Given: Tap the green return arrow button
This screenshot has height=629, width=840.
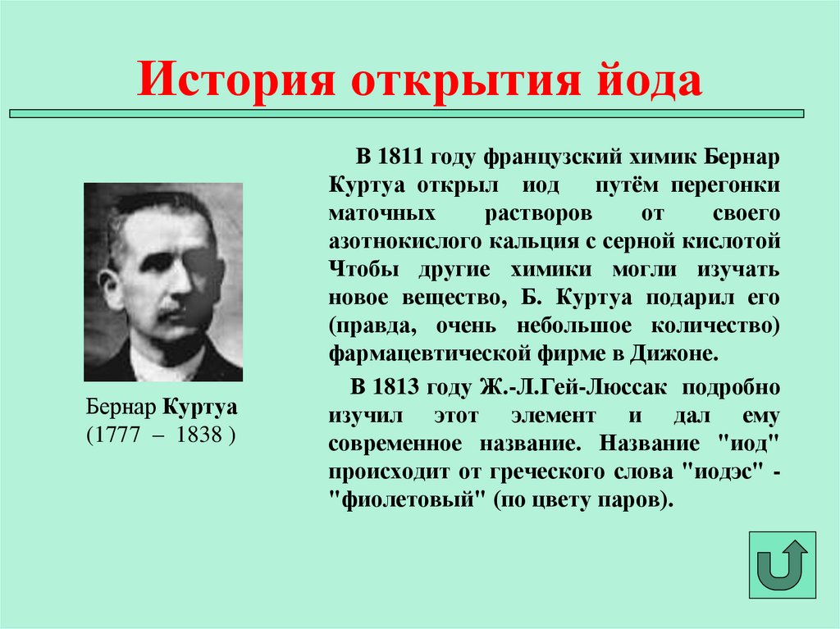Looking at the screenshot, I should (782, 564).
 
